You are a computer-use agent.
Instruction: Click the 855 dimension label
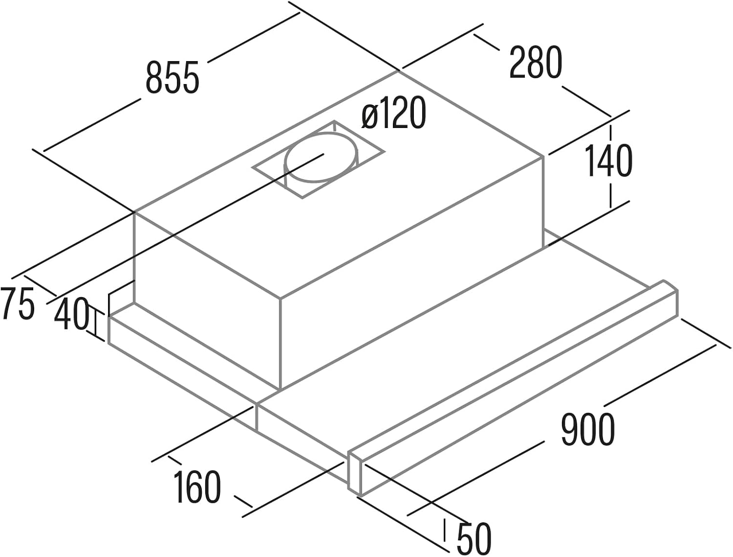click(172, 77)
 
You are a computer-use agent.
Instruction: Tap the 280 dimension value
click(536, 62)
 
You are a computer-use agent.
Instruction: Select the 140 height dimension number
click(608, 161)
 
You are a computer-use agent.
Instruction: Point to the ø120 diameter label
click(394, 113)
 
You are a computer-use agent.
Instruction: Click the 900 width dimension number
click(587, 429)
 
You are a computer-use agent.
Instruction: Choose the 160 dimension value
click(198, 487)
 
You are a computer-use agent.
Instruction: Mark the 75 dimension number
click(18, 304)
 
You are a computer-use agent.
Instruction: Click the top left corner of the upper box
click(134, 213)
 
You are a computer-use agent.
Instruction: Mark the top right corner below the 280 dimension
click(543, 156)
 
